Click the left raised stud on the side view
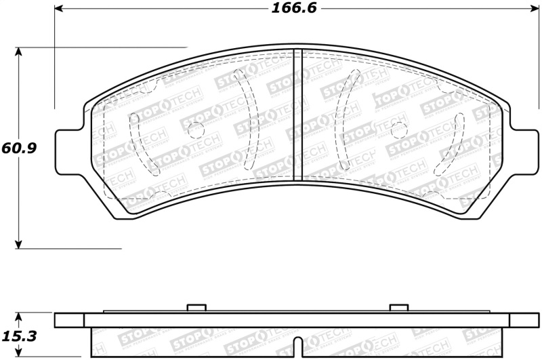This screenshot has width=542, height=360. click(196, 308)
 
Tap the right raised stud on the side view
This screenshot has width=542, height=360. click(398, 308)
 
